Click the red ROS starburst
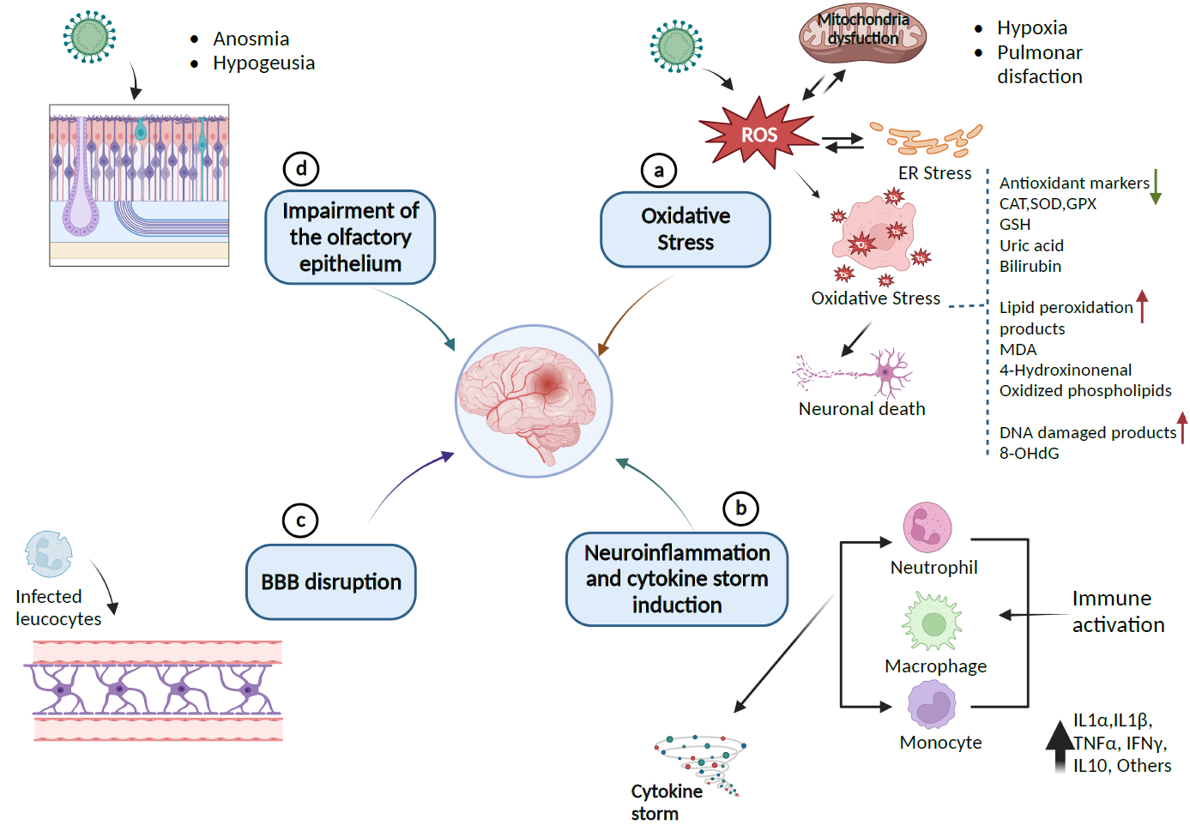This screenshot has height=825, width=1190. [758, 135]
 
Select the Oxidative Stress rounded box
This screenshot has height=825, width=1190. [686, 230]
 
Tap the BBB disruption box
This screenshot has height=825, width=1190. [331, 582]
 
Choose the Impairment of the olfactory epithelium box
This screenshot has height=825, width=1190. [350, 238]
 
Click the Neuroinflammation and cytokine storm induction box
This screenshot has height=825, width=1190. [677, 580]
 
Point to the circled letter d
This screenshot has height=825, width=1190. [301, 169]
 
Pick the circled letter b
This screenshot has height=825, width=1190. [740, 509]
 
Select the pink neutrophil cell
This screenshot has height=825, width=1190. [927, 527]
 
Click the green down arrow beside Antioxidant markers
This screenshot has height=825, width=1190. [1156, 186]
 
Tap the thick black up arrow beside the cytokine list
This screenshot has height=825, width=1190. [1060, 746]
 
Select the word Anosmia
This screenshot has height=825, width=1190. [251, 39]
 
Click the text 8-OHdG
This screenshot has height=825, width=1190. [1029, 454]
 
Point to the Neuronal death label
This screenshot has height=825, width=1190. [861, 409]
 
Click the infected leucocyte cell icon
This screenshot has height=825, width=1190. [48, 554]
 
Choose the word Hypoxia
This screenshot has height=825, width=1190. [1032, 28]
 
